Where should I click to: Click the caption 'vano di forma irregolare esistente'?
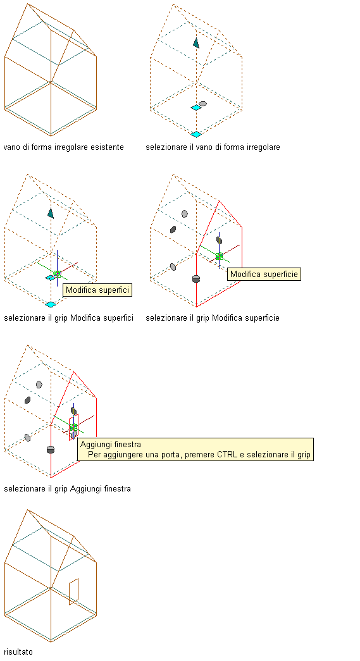point(64,147)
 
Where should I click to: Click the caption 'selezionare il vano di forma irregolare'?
point(213,147)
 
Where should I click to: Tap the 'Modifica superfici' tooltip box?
point(97,290)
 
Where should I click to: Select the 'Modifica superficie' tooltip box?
point(264,274)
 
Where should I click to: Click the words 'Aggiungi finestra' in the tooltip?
point(111,444)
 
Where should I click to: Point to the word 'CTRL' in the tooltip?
point(229,454)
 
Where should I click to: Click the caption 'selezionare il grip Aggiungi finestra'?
point(68,488)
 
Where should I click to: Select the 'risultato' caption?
point(18,652)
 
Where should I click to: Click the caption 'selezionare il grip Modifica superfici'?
point(69,318)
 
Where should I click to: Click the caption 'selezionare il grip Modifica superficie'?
point(213,318)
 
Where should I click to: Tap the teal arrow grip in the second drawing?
point(196,42)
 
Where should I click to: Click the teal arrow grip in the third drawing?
point(51,213)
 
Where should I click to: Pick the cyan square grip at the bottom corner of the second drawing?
point(196,134)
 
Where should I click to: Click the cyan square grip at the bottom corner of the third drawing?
point(51,304)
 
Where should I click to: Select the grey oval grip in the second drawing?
point(202,104)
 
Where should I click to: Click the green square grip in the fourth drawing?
point(219,256)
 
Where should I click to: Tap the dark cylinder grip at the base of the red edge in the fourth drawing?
point(196,279)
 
